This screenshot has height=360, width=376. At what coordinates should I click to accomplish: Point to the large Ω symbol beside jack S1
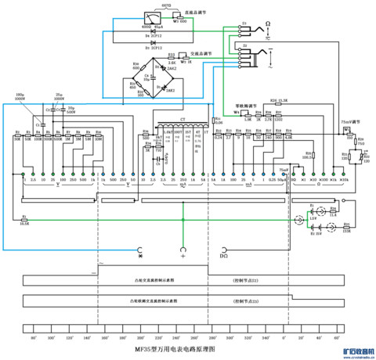266,27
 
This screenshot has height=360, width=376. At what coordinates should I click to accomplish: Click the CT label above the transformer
183,121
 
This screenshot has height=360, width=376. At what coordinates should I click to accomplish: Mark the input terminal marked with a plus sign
183,253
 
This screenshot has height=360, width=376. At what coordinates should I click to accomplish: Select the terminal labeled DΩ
224,254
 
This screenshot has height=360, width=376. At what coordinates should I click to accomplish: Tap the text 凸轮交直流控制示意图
154,279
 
